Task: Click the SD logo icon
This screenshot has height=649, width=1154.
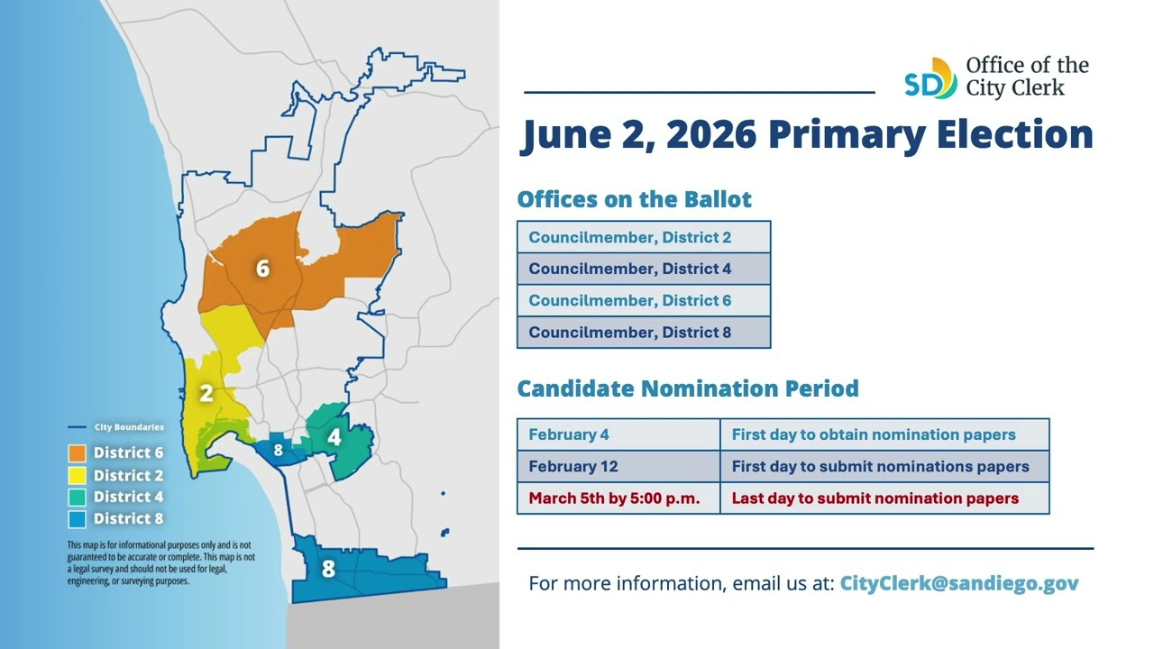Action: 930,78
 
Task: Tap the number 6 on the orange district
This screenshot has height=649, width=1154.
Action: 262,269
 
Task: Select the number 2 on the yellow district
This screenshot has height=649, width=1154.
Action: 206,394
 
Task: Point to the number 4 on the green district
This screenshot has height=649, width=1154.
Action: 334,438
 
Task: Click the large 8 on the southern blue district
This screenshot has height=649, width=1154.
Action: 328,570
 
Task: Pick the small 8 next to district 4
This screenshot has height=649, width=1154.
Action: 279,450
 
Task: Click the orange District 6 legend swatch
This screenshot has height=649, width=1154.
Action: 77,453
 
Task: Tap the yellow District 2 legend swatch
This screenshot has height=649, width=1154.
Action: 77,475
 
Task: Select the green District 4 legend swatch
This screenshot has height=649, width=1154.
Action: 77,497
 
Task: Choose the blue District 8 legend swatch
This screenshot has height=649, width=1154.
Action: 77,518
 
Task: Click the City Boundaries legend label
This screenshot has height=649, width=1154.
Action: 129,427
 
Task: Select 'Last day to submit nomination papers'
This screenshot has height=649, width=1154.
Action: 875,498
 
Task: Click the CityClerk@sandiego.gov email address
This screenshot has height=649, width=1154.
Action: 959,583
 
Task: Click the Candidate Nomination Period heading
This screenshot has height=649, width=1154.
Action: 687,389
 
